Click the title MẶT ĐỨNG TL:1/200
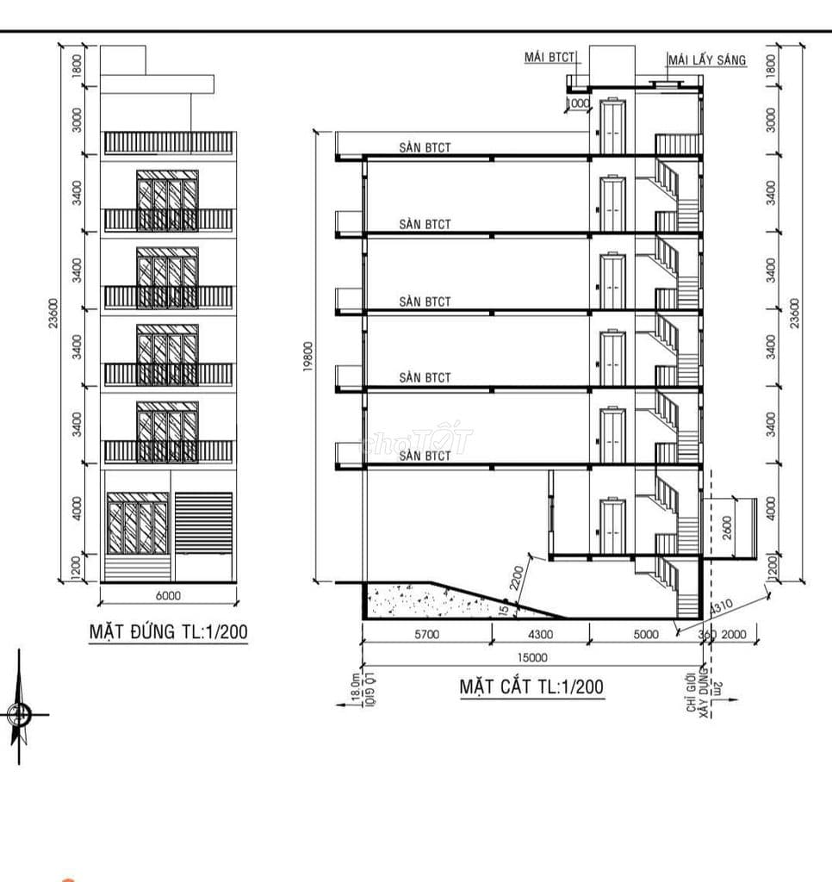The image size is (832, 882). tap(169, 632)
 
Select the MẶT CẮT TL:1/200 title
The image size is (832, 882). tap(531, 686)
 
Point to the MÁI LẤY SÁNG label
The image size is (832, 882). tap(706, 59)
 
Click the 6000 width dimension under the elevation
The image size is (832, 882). tap(168, 595)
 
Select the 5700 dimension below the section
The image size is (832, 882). tap(426, 634)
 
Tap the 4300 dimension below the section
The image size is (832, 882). tap(540, 634)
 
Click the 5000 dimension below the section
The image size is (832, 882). tap(645, 634)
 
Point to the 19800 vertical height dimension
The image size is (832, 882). tap(308, 357)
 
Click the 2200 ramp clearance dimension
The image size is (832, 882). tap(515, 577)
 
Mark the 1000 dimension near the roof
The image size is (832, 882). tap(577, 103)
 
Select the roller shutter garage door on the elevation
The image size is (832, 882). tap(204, 524)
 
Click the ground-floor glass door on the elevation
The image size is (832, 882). tap(138, 525)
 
